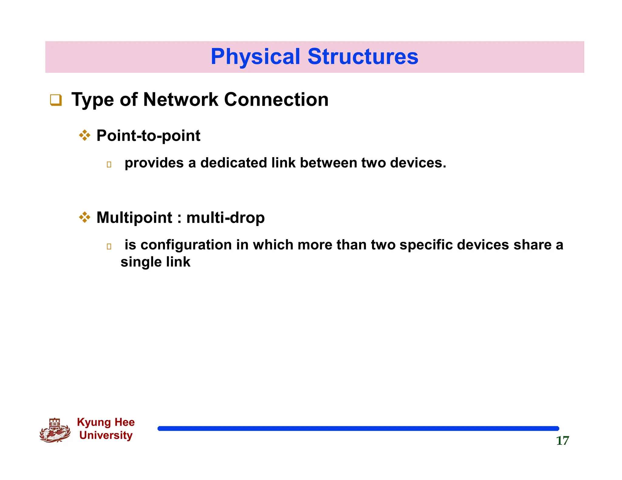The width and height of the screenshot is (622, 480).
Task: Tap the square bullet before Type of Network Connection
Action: [56, 100]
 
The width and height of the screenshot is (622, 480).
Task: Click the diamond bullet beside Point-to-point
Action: [85, 135]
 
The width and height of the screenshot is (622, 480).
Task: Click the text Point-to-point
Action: [148, 136]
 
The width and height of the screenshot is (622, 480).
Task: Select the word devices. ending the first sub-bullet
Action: [418, 163]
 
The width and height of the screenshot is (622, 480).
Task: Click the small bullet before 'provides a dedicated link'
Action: [109, 165]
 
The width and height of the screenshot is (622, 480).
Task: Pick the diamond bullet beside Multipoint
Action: [85, 217]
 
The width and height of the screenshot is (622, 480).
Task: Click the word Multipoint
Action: [134, 218]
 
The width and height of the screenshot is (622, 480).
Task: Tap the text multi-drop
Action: [225, 218]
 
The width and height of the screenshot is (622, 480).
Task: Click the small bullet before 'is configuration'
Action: [109, 247]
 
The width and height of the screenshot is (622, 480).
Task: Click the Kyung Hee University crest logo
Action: [55, 430]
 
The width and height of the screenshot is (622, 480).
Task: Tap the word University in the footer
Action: [106, 435]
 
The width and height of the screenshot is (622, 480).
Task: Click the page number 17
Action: [562, 441]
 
